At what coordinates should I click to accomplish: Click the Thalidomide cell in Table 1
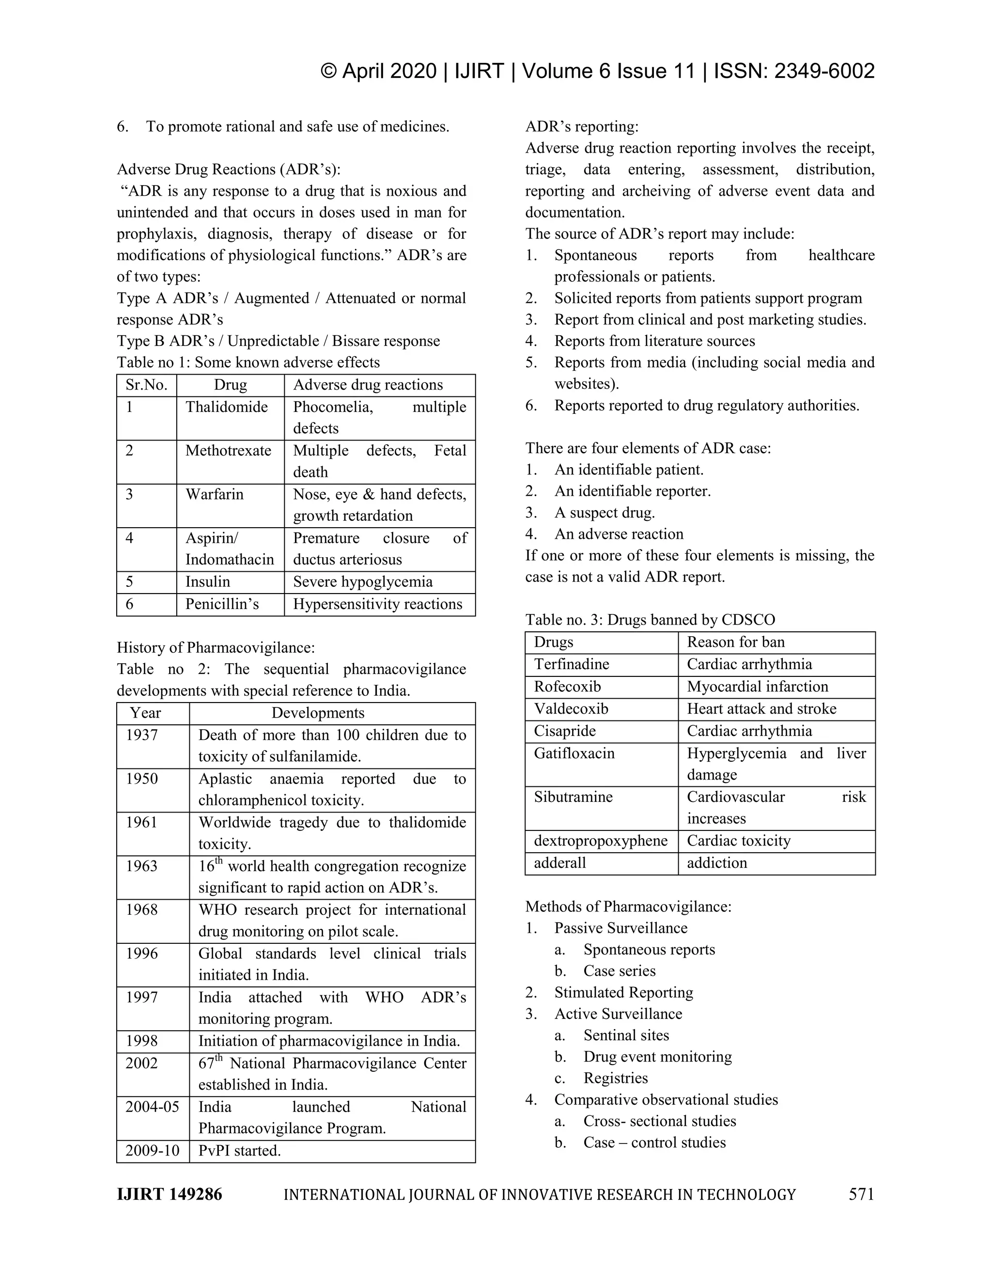227,407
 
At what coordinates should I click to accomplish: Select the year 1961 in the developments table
141,822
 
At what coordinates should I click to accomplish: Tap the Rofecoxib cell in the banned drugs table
567,686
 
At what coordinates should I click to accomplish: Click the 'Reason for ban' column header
736,642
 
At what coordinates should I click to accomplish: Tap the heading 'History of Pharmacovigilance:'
216,647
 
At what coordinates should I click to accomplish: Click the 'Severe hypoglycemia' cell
363,581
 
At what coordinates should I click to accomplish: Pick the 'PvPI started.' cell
239,1151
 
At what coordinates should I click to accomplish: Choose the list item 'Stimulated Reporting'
623,992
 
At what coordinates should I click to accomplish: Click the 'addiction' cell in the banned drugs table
717,862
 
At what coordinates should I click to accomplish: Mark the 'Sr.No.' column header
146,385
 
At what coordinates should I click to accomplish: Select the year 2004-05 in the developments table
152,1107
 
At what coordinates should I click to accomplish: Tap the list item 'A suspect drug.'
604,513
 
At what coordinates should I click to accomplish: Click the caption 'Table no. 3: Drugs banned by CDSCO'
650,620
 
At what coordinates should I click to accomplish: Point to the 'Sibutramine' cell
573,797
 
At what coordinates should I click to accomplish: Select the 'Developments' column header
318,713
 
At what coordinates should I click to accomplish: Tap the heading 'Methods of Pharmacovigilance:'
628,907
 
